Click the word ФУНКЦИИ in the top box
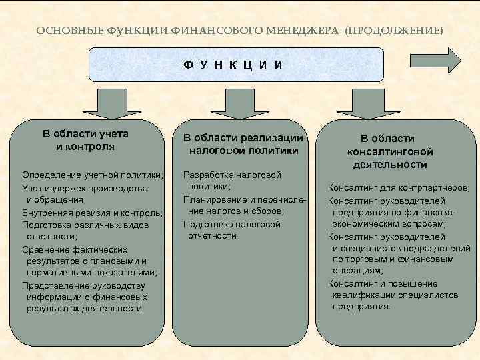235,65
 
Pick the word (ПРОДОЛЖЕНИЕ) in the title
393,31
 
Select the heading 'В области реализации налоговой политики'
243,144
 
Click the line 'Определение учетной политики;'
93,175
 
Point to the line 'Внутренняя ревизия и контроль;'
93,213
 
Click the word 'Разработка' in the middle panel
205,175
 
